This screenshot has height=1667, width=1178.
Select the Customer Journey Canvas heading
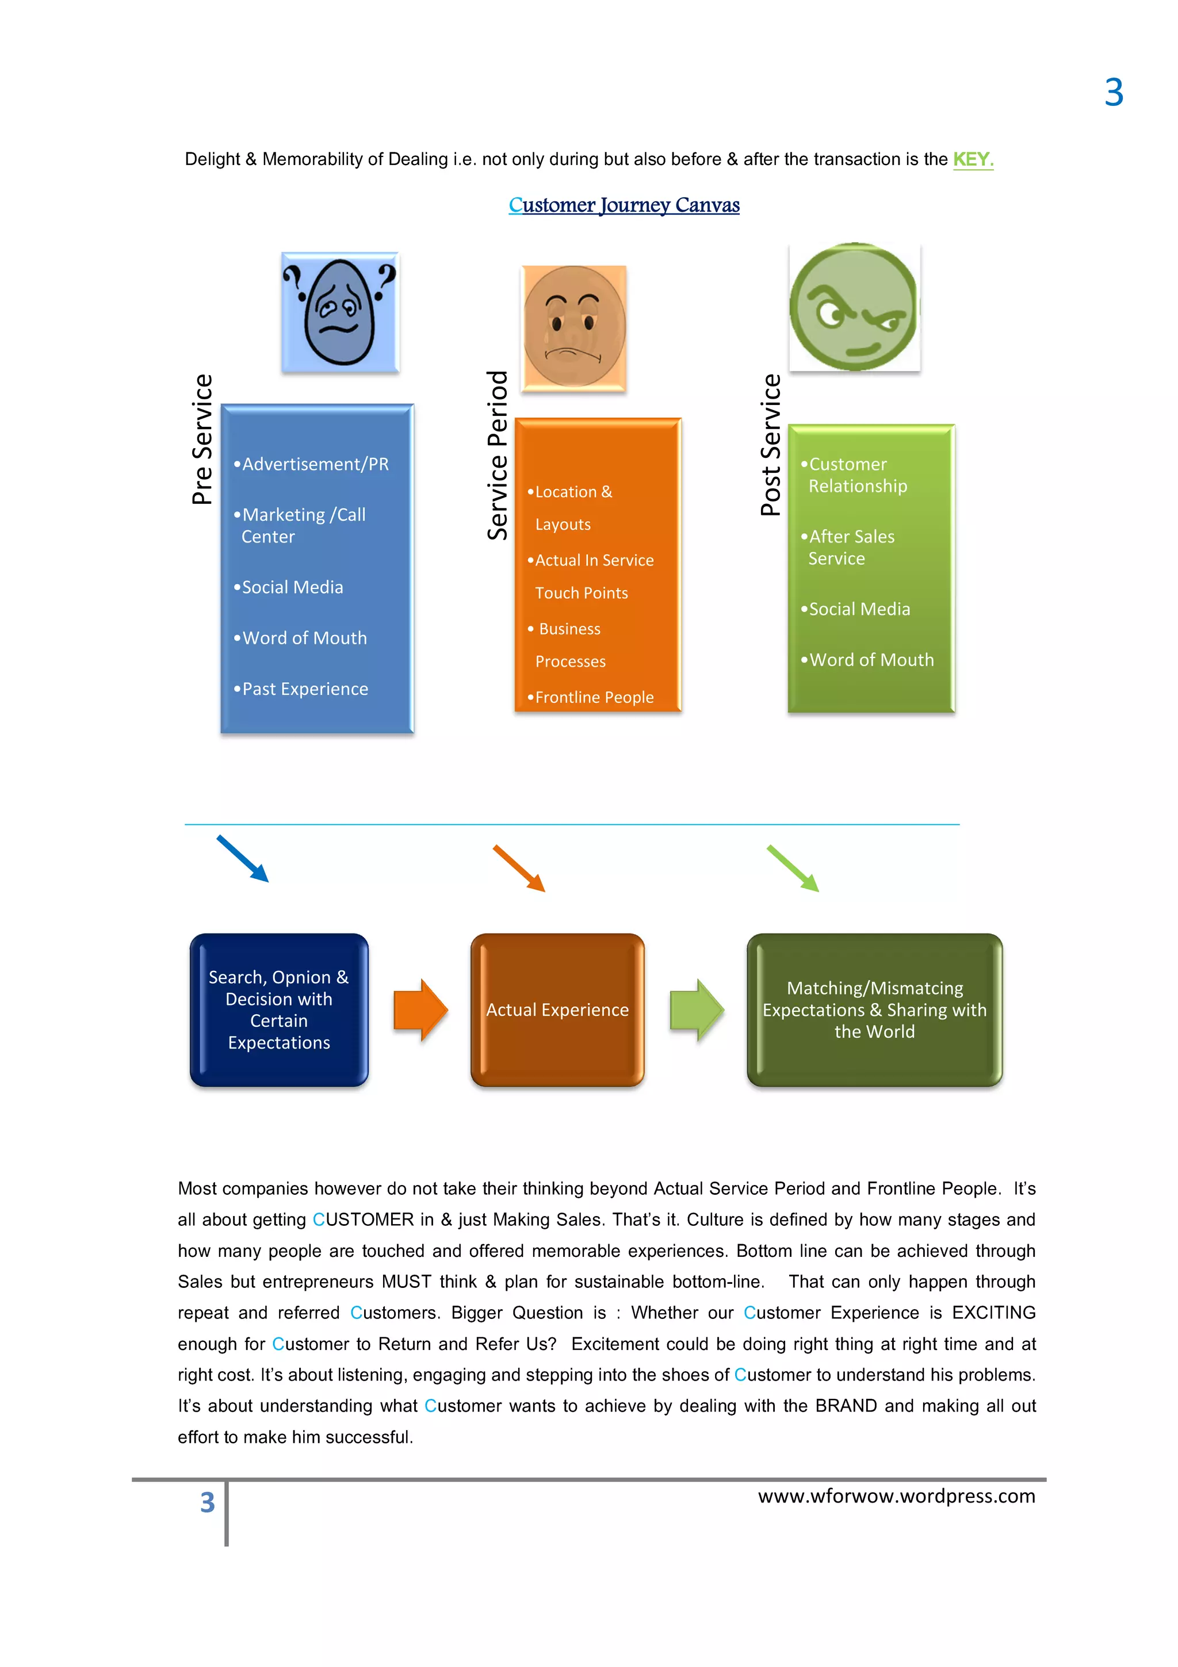pyautogui.click(x=624, y=205)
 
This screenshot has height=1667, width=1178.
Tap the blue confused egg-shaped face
pyautogui.click(x=340, y=312)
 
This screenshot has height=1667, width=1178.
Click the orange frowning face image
pyautogui.click(x=573, y=328)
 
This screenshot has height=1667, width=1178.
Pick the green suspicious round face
pyautogui.click(x=854, y=307)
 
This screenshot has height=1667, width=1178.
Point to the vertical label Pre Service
pyautogui.click(x=202, y=439)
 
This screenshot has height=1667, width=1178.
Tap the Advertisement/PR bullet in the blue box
pyautogui.click(x=315, y=464)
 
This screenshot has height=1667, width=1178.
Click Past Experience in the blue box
pyautogui.click(x=305, y=689)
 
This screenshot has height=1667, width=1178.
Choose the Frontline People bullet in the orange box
pyautogui.click(x=594, y=697)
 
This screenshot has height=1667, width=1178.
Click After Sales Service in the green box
pyautogui.click(x=851, y=548)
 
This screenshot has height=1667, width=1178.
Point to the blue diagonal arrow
pyautogui.click(x=242, y=859)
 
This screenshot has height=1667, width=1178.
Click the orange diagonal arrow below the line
pyautogui.click(x=519, y=869)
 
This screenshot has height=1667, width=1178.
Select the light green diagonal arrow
pyautogui.click(x=793, y=869)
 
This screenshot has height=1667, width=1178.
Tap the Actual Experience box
pyautogui.click(x=557, y=1010)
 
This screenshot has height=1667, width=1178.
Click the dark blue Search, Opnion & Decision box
pyautogui.click(x=279, y=1010)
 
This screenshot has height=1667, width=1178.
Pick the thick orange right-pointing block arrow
pyautogui.click(x=420, y=1010)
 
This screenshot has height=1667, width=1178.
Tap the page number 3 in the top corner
pyautogui.click(x=1114, y=93)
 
